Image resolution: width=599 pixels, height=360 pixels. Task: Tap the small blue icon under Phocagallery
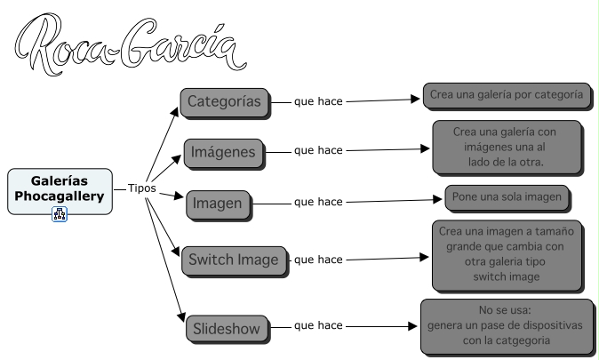[60, 213]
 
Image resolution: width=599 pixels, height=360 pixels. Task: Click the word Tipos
[142, 189]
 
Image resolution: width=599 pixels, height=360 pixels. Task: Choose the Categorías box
[224, 100]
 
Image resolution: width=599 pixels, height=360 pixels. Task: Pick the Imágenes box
[223, 152]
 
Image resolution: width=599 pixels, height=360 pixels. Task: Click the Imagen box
[217, 204]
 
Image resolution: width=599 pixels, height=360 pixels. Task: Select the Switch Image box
[234, 260]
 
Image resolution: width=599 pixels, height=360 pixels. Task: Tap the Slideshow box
[227, 330]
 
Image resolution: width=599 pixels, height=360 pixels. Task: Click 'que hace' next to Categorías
[318, 100]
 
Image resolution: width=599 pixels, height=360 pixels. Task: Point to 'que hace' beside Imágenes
[318, 151]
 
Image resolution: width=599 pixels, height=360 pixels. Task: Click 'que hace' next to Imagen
[318, 202]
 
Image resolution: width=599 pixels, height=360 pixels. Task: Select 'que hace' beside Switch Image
[318, 260]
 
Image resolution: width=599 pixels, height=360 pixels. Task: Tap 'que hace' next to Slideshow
[318, 326]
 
